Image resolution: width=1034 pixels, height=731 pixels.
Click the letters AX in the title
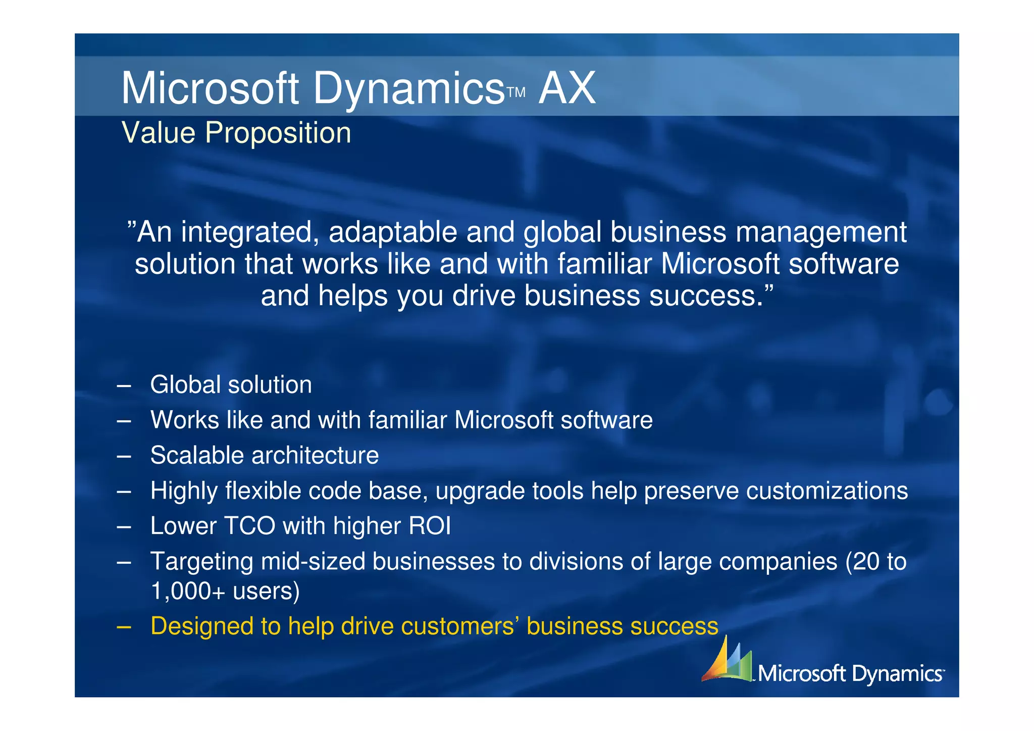click(x=567, y=88)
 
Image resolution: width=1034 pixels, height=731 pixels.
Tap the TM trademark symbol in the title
click(x=516, y=92)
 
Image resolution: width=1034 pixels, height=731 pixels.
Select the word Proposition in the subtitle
click(x=278, y=133)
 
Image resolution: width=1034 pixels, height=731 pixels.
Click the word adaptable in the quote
click(x=393, y=232)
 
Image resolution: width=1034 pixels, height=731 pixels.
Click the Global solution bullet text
click(x=231, y=384)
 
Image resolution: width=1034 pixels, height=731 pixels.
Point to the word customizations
click(x=827, y=491)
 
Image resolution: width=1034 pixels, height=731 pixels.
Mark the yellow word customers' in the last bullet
click(x=460, y=626)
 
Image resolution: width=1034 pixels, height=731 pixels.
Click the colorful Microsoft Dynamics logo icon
click(x=727, y=659)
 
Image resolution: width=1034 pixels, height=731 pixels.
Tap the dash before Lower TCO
click(x=124, y=526)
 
